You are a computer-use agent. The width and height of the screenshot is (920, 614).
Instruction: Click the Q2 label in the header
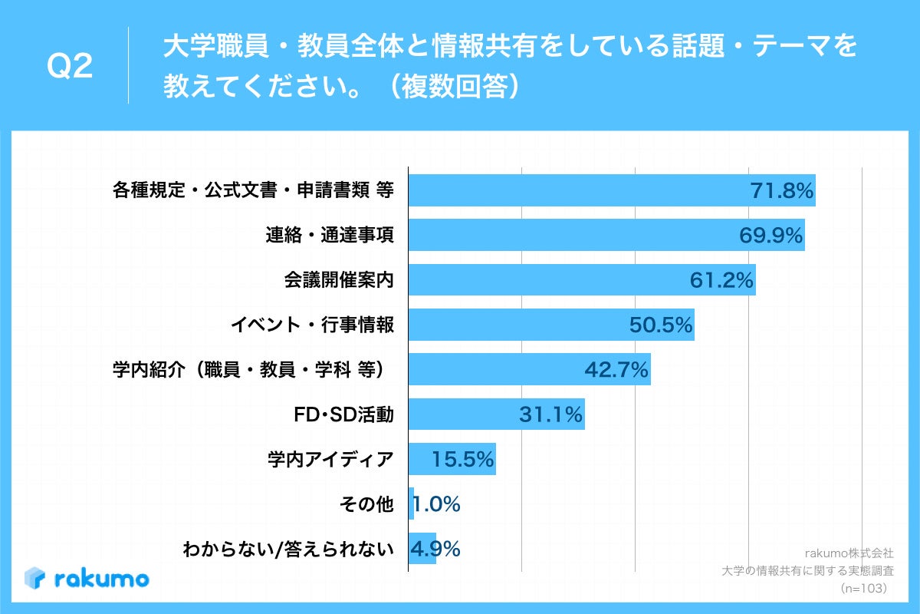point(70,68)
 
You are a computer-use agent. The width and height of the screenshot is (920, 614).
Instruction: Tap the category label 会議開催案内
point(339,280)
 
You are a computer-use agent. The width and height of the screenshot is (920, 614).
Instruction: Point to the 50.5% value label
point(661,325)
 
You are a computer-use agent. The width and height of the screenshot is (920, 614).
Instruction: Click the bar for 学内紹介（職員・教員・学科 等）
point(529,370)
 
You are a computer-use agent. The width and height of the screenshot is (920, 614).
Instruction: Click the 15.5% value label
point(462,460)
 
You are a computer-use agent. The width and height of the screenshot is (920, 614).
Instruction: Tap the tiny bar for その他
point(411,504)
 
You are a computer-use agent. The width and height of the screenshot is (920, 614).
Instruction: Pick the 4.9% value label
point(435,550)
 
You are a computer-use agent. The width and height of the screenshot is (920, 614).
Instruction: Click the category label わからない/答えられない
point(287,550)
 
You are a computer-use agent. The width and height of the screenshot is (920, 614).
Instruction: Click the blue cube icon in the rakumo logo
point(36,578)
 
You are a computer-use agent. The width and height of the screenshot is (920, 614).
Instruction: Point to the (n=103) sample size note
point(863,588)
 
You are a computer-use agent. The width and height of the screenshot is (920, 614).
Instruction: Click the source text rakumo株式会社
point(849,553)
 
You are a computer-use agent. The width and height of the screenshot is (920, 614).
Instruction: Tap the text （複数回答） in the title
point(455,87)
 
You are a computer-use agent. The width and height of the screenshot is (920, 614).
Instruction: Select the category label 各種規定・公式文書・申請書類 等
point(253,190)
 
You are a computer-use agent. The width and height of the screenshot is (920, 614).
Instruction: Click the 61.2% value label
point(721,281)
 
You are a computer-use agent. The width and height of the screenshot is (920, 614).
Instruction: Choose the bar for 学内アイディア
point(452,460)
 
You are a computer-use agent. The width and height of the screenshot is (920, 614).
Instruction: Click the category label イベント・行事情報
point(312,325)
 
